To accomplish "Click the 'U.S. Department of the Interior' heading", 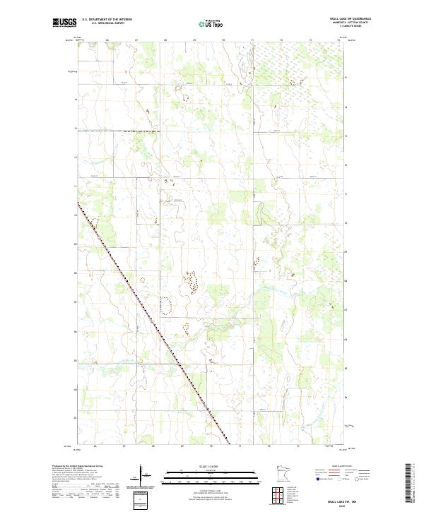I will pyautogui.click(x=107, y=19).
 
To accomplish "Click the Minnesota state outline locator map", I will pyautogui.click(x=283, y=474).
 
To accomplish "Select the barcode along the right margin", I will pyautogui.click(x=408, y=485).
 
